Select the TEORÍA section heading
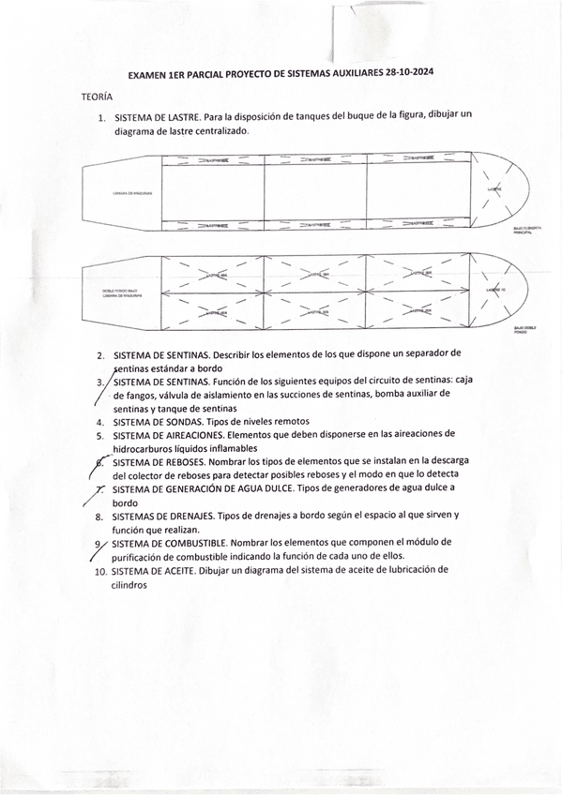tap(97, 97)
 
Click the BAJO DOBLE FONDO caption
tap(521, 329)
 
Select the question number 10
tap(100, 570)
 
